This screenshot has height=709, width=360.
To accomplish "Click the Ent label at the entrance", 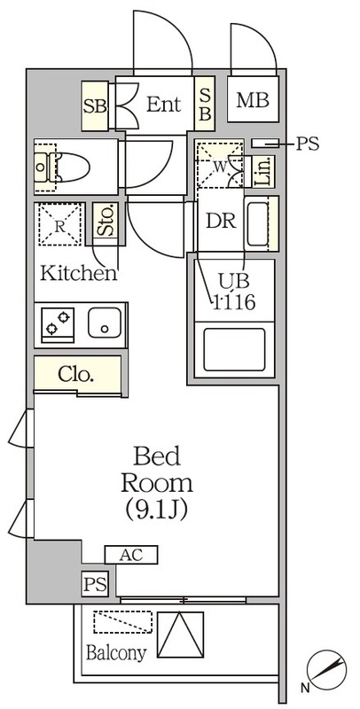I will (163, 105).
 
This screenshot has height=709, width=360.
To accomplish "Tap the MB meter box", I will (252, 101).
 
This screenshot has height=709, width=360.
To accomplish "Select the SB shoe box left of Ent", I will (94, 105).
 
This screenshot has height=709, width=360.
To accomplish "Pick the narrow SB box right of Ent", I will (203, 105).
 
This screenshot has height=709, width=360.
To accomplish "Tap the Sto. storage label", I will (106, 220).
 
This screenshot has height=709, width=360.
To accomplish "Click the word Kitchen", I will (78, 273).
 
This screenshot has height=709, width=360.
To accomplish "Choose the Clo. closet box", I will (77, 374).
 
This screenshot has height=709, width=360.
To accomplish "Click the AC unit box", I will (130, 556).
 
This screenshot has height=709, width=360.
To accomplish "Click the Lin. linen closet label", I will (262, 170).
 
